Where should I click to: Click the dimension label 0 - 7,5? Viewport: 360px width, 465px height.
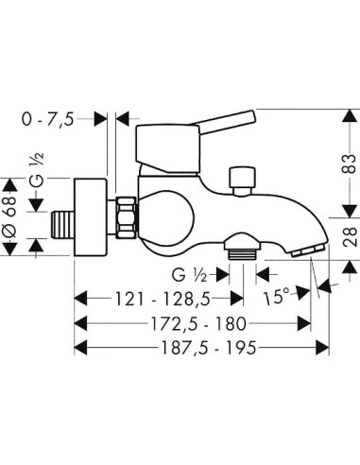tap(47, 120)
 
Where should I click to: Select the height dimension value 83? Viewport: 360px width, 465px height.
tap(349, 164)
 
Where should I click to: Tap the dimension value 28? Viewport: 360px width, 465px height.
tap(351, 236)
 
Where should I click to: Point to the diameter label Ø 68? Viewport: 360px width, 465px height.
tap(10, 216)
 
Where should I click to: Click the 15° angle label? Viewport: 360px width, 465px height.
tap(276, 297)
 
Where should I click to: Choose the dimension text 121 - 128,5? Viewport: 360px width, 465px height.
tap(163, 299)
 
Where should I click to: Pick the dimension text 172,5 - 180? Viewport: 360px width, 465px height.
tap(198, 323)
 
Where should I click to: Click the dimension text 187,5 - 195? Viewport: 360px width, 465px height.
tap(209, 348)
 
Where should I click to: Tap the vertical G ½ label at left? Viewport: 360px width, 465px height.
tap(37, 170)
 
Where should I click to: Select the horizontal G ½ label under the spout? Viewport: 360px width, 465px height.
tap(189, 275)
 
